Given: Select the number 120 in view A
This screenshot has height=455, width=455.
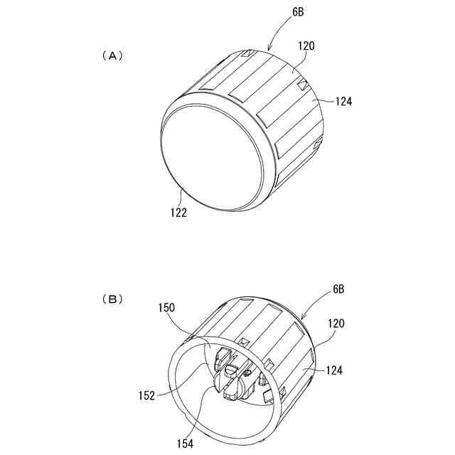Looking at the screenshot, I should click(x=307, y=46).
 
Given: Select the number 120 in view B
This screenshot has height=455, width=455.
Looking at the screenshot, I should click(x=336, y=323).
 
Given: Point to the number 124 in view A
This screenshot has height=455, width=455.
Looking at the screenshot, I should click(x=343, y=102).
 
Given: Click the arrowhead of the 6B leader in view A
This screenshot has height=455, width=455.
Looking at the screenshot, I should click(x=269, y=49).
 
